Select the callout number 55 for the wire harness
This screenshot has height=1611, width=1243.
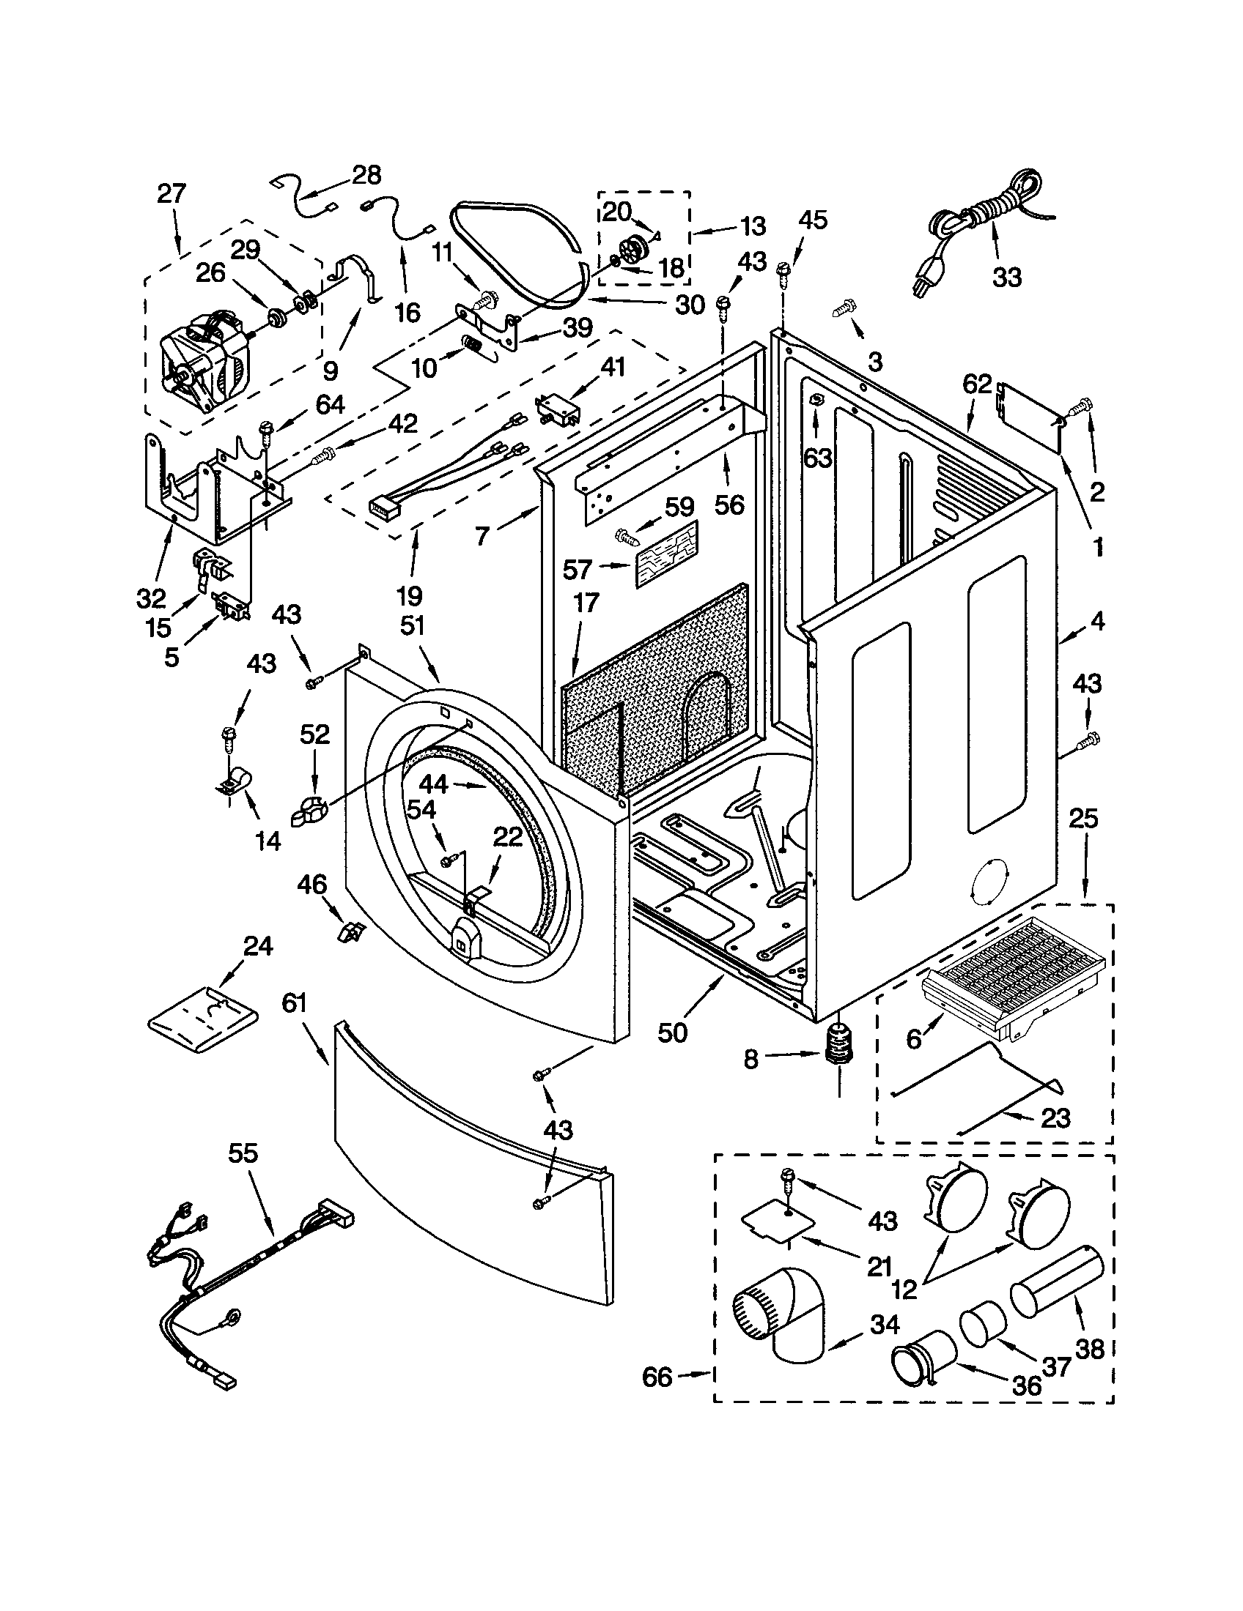tap(243, 1153)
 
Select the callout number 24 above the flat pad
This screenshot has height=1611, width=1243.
tap(257, 946)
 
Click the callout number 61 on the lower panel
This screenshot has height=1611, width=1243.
tap(293, 1003)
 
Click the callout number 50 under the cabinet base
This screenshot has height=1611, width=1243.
tap(671, 1033)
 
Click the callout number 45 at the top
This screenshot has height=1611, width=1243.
tap(813, 220)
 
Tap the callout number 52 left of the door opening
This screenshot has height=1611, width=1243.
tap(314, 734)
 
